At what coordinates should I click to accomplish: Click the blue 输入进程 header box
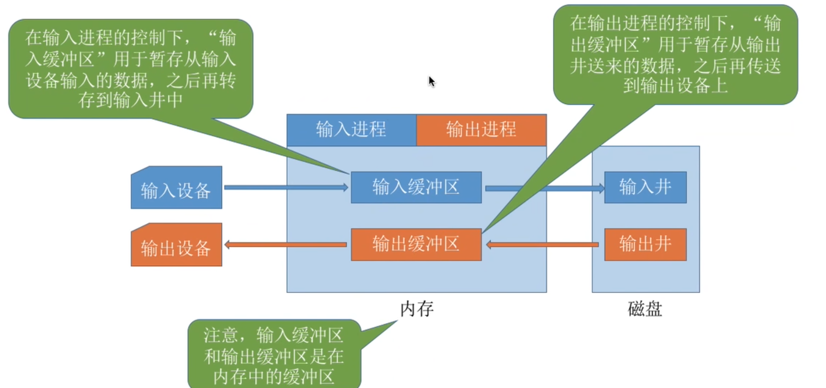[351, 130]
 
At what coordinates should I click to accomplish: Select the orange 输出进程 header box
[481, 130]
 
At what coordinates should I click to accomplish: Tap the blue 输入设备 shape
[176, 189]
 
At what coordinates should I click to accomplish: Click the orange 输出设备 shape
[176, 246]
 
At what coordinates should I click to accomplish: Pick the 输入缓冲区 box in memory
[416, 187]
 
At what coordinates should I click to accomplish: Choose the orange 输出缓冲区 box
[416, 244]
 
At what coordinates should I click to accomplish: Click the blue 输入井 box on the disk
[645, 187]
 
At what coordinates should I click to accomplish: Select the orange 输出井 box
[645, 244]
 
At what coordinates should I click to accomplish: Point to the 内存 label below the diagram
[417, 309]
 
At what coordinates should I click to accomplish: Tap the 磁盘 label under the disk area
[645, 309]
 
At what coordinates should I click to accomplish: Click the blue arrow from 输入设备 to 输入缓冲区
[285, 187]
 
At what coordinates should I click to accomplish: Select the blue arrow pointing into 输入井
[571, 188]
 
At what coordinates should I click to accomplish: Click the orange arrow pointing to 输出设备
[285, 245]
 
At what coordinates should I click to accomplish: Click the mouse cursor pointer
[432, 81]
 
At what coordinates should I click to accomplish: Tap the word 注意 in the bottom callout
[220, 336]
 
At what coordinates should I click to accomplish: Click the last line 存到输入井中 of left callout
[130, 101]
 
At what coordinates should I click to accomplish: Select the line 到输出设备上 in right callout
[675, 86]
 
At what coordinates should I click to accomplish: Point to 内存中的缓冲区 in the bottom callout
[273, 376]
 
